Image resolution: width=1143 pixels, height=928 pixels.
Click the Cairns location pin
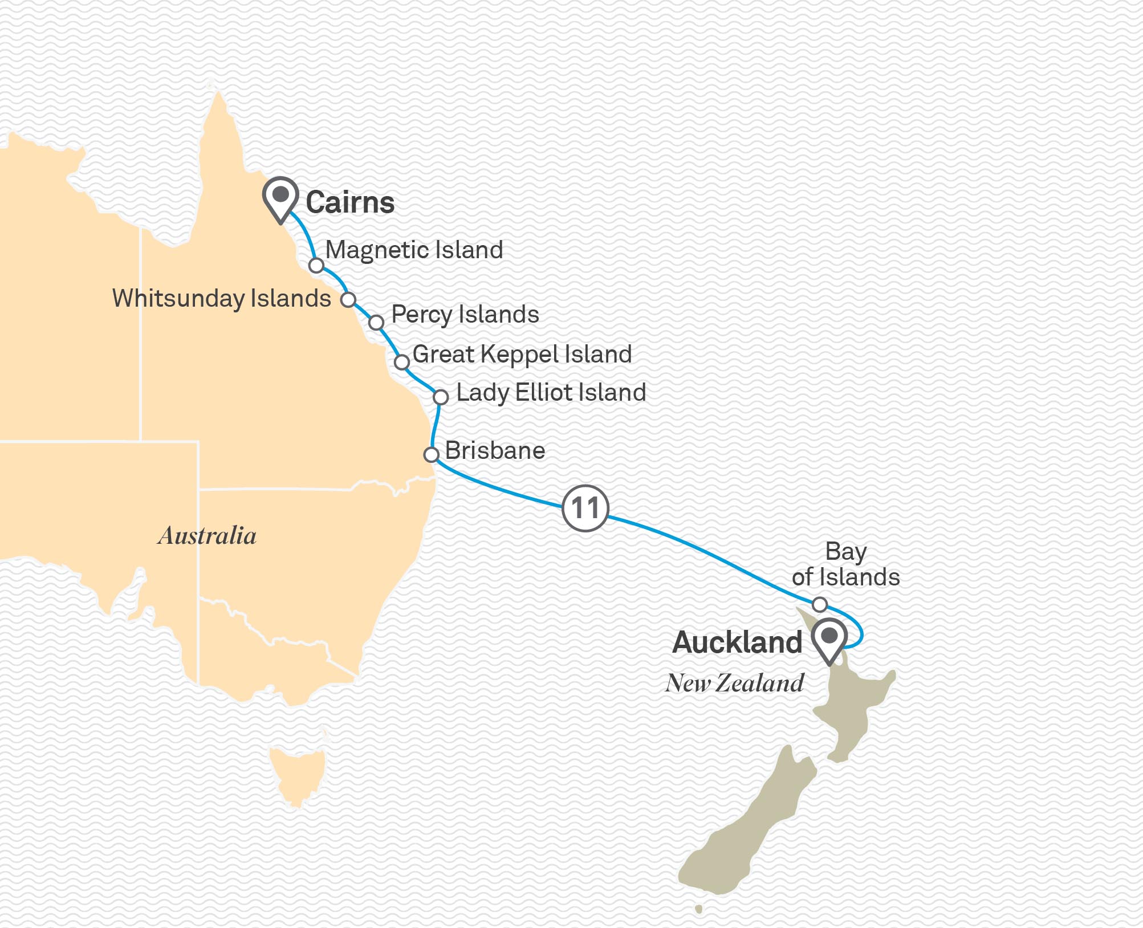(280, 197)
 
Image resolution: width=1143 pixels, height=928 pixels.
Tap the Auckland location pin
(829, 637)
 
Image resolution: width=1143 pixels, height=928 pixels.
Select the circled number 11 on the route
(585, 508)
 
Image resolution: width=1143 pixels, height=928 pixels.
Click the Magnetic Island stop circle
(316, 266)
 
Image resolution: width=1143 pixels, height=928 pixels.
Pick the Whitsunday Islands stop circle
(348, 300)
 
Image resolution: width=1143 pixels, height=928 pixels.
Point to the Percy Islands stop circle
(376, 323)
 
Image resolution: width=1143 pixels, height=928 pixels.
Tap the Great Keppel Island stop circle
(402, 362)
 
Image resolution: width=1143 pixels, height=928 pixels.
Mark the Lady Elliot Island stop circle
(441, 397)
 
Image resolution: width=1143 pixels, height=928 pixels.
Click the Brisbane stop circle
(432, 454)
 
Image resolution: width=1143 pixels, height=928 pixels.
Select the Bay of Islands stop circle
(819, 604)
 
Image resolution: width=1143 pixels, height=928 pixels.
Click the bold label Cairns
(350, 203)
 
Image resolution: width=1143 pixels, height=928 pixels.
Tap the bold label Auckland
(737, 643)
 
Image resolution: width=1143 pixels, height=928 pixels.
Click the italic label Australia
(207, 536)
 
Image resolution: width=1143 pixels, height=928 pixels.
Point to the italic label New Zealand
(734, 683)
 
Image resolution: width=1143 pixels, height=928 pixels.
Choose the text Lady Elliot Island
(551, 393)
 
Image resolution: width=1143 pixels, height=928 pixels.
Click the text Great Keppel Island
(522, 354)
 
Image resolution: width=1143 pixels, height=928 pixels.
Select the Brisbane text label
(495, 451)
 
